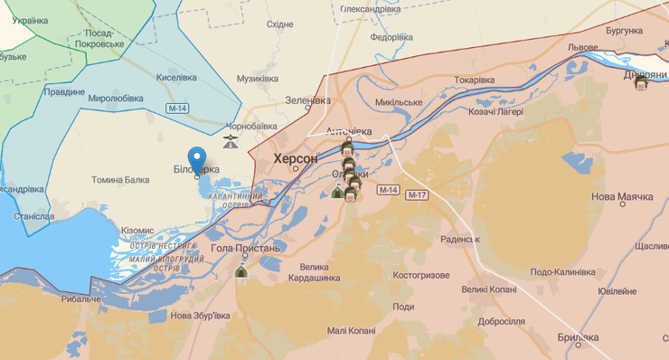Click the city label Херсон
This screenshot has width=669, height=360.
point(296,158)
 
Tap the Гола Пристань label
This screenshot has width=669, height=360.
point(245,248)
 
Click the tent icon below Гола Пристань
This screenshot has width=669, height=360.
point(241,270)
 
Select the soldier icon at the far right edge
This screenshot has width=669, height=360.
point(641,83)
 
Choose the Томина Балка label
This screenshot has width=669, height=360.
point(120,180)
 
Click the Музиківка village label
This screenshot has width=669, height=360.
point(257,79)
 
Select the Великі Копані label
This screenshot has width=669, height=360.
point(488,289)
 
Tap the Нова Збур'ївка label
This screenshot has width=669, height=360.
point(200,316)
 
